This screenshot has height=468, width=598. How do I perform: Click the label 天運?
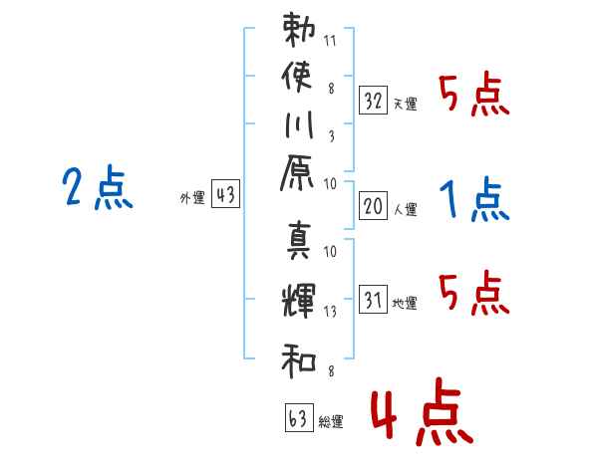tap(406, 104)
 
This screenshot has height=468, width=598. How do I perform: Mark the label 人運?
tap(406, 209)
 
